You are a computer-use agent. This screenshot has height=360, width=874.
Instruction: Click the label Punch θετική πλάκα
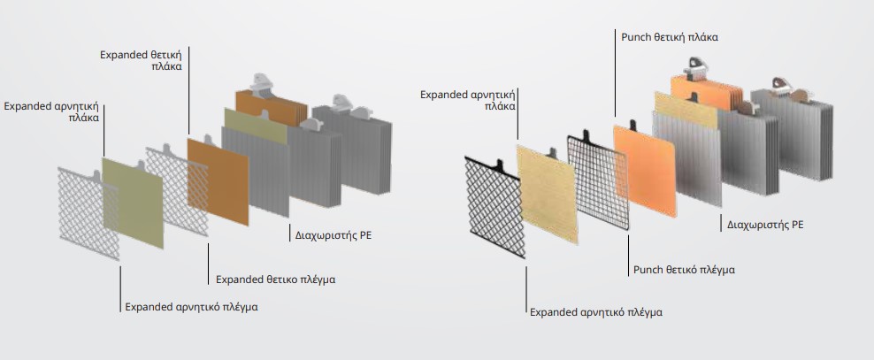point(666,37)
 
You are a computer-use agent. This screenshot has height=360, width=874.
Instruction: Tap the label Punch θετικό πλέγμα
point(683,269)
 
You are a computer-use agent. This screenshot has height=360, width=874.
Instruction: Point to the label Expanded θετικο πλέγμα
point(275,280)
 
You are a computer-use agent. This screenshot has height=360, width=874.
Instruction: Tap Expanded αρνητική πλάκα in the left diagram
point(51,111)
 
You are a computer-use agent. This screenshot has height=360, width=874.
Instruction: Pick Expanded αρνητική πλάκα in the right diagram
point(468,99)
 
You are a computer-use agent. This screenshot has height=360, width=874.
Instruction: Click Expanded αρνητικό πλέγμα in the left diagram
point(192,307)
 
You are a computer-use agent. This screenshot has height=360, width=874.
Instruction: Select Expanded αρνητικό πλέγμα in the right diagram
point(595,311)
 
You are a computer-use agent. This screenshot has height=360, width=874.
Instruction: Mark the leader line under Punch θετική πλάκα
point(615,80)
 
